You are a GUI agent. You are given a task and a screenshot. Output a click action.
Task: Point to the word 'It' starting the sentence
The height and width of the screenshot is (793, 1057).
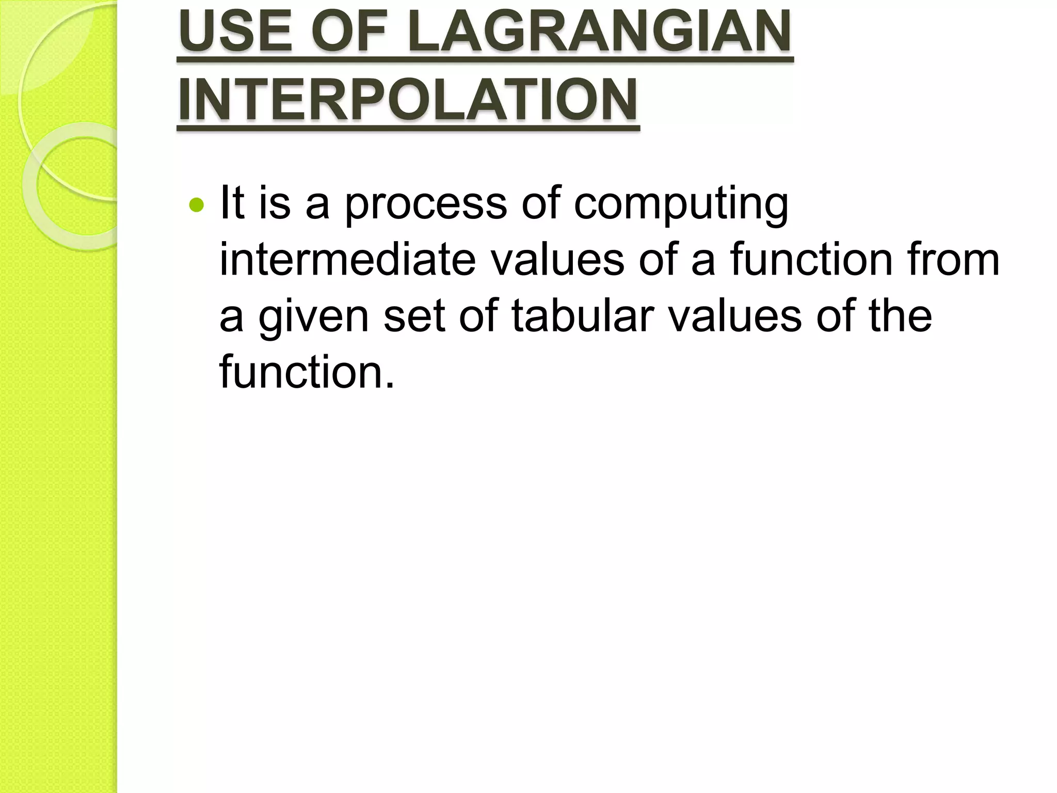pos(232,202)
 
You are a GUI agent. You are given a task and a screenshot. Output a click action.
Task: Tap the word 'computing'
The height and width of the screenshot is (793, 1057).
pos(681,204)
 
